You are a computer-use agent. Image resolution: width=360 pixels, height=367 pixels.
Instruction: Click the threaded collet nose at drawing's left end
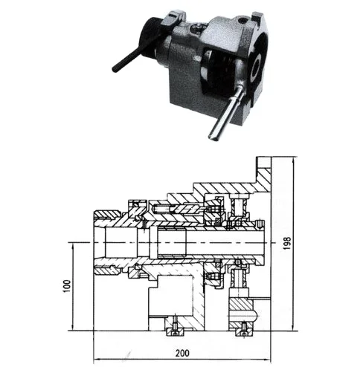tap(108, 241)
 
